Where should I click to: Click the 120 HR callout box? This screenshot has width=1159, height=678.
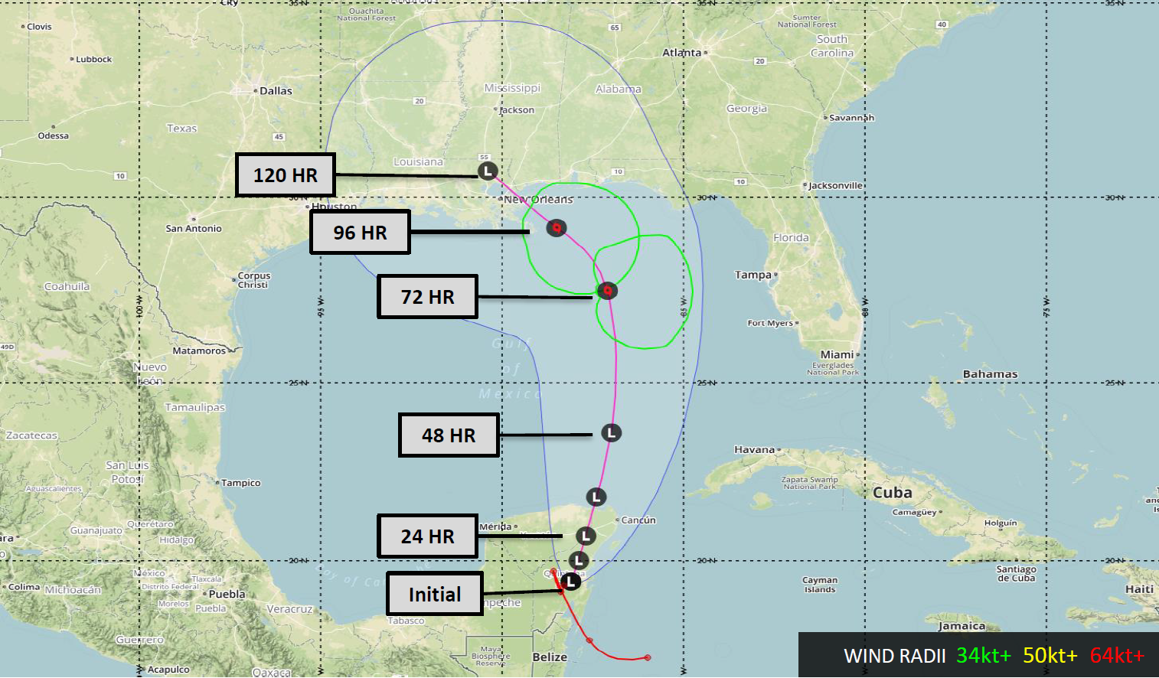[285, 175]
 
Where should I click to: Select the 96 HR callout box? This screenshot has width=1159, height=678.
[360, 232]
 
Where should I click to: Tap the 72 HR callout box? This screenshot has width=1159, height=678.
[427, 297]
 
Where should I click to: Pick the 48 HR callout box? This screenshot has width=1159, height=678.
[449, 435]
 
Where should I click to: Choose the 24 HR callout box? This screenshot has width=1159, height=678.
[427, 536]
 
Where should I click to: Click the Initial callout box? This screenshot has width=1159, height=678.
[434, 594]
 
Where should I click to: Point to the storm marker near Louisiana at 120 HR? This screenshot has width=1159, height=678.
[488, 171]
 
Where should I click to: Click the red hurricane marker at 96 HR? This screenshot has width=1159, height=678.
[557, 227]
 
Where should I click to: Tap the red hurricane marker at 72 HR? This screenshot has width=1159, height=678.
[607, 291]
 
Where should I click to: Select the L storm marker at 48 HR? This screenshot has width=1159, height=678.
[611, 433]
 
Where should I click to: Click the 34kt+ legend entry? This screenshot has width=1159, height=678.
[983, 656]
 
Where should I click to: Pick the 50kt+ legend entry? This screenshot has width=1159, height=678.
[1050, 656]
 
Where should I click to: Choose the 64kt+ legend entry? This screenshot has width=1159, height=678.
[1117, 656]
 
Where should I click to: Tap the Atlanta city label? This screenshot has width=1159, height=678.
[681, 53]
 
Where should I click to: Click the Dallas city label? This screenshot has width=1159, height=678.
[276, 91]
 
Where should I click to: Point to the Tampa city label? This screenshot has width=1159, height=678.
[753, 275]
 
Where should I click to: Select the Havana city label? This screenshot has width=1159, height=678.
[755, 450]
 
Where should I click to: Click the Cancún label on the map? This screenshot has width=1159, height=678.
[638, 520]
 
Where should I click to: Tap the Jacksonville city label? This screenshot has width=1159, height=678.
[836, 186]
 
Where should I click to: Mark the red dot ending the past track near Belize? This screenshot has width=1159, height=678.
[648, 657]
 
